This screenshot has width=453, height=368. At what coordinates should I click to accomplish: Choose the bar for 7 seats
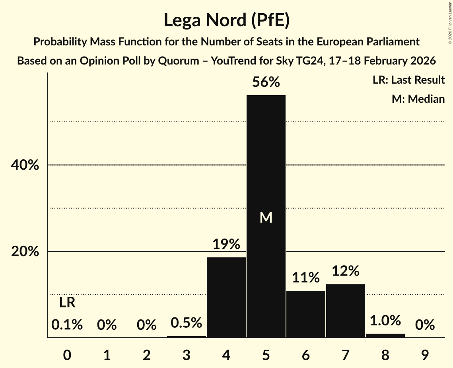click(346, 311)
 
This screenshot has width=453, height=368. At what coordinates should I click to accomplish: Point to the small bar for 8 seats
click(385, 336)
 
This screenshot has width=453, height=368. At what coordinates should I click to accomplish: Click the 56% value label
click(266, 82)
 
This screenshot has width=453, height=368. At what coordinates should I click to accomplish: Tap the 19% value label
click(226, 244)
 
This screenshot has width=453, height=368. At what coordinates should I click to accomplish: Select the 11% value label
click(306, 278)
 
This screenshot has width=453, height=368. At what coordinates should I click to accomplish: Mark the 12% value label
click(346, 271)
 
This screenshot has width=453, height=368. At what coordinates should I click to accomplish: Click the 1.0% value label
click(385, 321)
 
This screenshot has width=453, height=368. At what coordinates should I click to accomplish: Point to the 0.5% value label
click(187, 323)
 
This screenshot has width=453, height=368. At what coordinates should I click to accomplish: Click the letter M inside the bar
click(266, 217)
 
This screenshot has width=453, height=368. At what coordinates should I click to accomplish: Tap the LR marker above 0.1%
click(67, 303)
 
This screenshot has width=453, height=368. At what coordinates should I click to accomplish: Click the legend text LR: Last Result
click(408, 80)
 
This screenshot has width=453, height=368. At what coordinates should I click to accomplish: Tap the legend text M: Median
click(418, 99)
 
